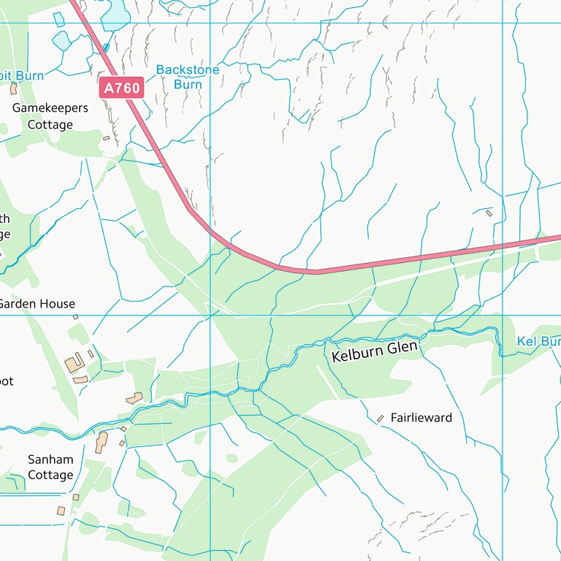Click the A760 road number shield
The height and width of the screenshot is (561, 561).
pyautogui.click(x=121, y=88)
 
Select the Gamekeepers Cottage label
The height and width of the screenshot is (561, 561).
pyautogui.click(x=50, y=116)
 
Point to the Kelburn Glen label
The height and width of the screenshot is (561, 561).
pyautogui.click(x=375, y=351)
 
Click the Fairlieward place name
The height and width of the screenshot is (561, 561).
pyautogui.click(x=421, y=418)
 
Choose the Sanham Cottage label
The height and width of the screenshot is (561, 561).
pyautogui.click(x=50, y=467)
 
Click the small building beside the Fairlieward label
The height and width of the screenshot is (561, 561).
pyautogui.click(x=380, y=419)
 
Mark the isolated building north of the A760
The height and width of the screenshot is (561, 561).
pyautogui.click(x=489, y=213)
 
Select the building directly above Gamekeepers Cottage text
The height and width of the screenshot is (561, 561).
pyautogui.click(x=13, y=88)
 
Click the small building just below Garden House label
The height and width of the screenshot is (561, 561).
pyautogui.click(x=75, y=317)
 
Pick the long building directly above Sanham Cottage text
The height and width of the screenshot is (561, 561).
pyautogui.click(x=101, y=442)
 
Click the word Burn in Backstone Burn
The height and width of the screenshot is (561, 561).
pyautogui.click(x=188, y=84)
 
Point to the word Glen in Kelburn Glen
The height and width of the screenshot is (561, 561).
pyautogui.click(x=402, y=348)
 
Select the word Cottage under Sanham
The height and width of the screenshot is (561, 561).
pyautogui.click(x=50, y=475)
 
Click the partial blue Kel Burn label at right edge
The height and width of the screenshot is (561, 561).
pyautogui.click(x=538, y=342)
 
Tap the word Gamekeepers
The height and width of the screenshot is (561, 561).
pyautogui.click(x=50, y=108)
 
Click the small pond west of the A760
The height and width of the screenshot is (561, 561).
pyautogui.click(x=61, y=41)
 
